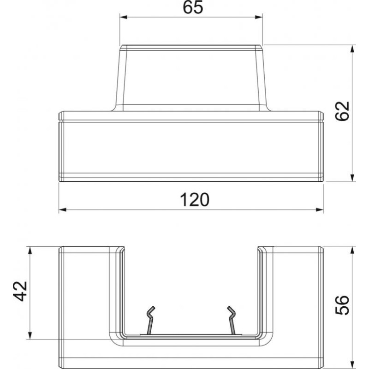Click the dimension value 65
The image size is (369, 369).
[x=193, y=7]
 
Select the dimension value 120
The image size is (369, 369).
[x=194, y=200]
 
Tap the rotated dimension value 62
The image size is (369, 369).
[x=342, y=111]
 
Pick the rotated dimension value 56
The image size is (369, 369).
[x=342, y=305]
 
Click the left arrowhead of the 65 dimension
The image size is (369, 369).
[x=124, y=17]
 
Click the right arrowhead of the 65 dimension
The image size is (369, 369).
[x=259, y=17]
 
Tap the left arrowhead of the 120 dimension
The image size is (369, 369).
[x=63, y=210]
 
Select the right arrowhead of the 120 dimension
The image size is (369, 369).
[x=320, y=210]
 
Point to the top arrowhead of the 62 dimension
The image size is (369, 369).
[x=352, y=49]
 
